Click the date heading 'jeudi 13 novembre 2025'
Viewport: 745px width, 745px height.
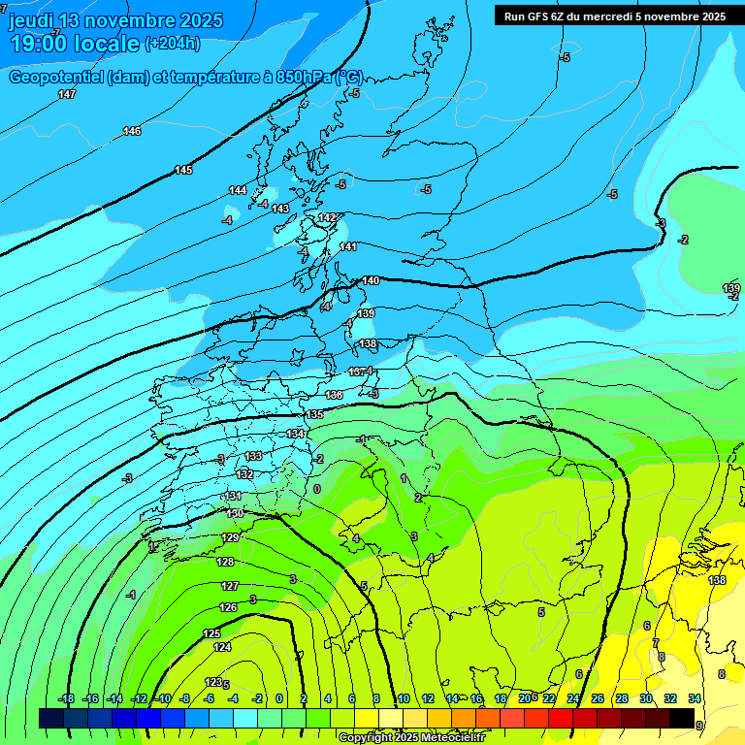115,20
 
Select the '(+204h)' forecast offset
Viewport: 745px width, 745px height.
173,44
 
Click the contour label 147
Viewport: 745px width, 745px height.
67,94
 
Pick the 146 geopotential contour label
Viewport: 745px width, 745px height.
132,131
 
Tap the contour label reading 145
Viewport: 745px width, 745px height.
183,170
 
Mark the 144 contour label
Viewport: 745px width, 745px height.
238,190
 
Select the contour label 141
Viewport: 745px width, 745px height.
349,246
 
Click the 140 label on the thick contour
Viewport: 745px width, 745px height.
371,280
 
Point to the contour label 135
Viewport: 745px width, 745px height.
314,414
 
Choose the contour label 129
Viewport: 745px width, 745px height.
231,537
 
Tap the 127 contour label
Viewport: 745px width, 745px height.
230,586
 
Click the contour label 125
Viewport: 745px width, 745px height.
211,633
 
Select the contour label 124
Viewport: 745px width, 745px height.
222,647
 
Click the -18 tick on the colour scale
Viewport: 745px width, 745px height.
67,698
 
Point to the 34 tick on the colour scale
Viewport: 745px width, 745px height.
695,698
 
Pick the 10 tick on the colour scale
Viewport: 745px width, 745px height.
403,698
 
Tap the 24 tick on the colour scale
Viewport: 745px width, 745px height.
573,698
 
